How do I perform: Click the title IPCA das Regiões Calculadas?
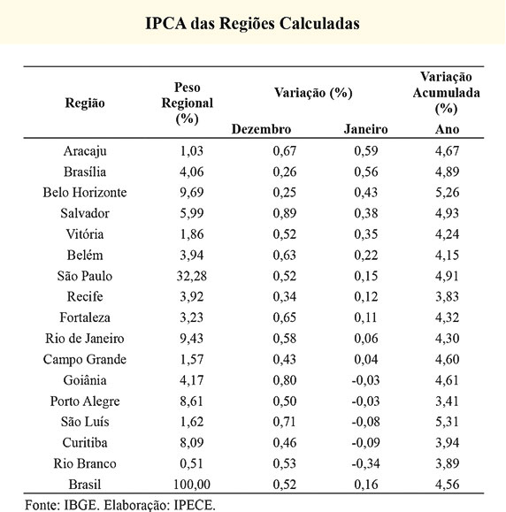tap(252, 24)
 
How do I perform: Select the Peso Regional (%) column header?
tap(188, 103)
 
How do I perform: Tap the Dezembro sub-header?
tap(261, 129)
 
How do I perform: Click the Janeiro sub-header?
tap(365, 129)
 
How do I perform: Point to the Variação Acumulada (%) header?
tap(446, 93)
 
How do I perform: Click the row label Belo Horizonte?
tap(85, 192)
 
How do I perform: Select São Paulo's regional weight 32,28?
tap(191, 276)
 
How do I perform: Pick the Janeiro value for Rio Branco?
tap(365, 463)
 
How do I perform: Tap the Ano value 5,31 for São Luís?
tap(447, 422)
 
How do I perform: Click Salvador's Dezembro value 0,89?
tap(285, 213)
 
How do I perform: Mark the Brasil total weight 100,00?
tap(191, 485)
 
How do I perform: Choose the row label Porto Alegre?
tap(85, 401)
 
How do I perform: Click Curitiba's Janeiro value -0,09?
tap(365, 443)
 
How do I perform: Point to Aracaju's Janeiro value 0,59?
tap(366, 151)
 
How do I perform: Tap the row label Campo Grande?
tap(85, 360)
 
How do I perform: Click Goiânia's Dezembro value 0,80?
tap(285, 380)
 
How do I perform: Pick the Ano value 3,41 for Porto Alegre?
tap(447, 401)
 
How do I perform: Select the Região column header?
tap(85, 103)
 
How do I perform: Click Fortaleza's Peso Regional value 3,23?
tap(191, 317)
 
